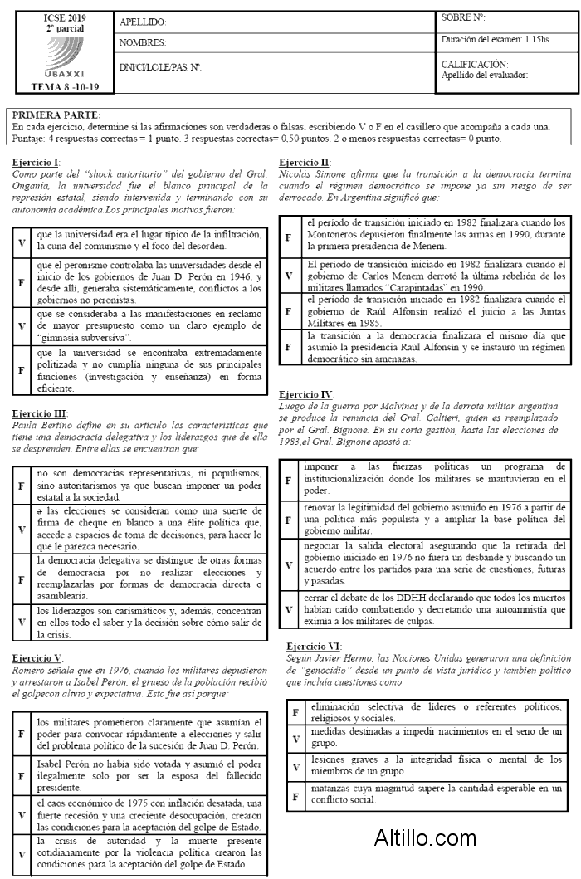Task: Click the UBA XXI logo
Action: [x=57, y=56]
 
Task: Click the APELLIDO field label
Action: [x=143, y=22]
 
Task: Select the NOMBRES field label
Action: [x=143, y=42]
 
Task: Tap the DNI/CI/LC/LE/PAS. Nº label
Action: [x=160, y=67]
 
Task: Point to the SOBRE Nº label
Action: [x=463, y=17]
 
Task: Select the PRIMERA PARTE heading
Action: [x=57, y=115]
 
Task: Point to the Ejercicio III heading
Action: [x=40, y=413]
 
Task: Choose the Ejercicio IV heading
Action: [x=306, y=393]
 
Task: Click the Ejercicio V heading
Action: [x=37, y=657]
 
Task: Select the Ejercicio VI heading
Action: [x=313, y=646]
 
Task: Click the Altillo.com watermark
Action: [x=425, y=837]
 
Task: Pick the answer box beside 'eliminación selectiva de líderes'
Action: [x=295, y=712]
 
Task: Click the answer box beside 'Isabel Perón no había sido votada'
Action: [x=22, y=776]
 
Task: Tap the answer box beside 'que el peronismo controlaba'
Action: [x=22, y=282]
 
